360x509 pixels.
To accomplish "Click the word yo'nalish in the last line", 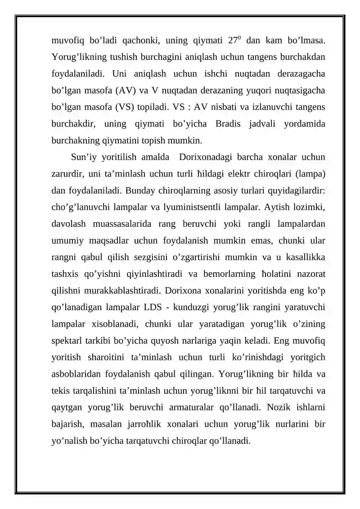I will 69,441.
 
